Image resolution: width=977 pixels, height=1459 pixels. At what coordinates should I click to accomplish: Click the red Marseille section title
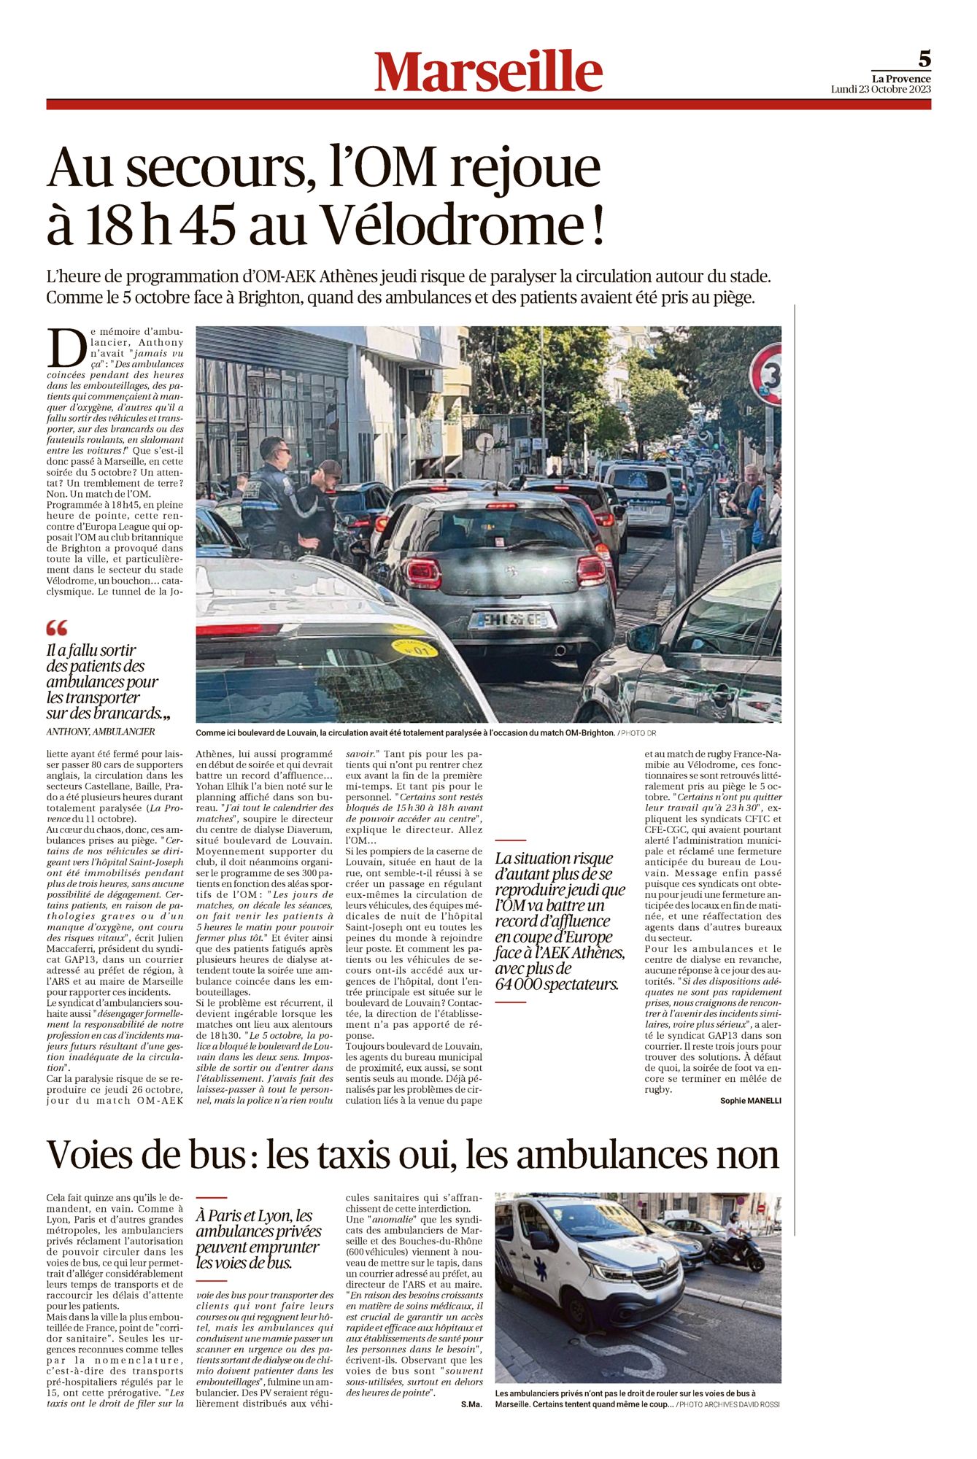[x=488, y=72]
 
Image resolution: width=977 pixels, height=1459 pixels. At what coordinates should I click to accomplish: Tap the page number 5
[x=924, y=58]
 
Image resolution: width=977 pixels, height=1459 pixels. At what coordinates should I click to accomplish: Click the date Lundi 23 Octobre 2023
[x=881, y=90]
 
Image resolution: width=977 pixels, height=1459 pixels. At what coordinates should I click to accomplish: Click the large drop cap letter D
[x=64, y=348]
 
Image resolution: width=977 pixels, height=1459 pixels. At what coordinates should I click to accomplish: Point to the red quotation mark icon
[x=57, y=627]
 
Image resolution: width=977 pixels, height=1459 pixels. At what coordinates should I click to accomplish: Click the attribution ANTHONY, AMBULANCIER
[x=101, y=732]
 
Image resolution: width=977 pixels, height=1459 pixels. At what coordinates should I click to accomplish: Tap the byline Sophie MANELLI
[x=750, y=1101]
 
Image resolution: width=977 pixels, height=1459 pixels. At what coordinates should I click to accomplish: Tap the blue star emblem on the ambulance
[x=541, y=1269]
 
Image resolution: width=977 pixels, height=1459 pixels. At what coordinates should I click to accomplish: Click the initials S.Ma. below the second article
[x=471, y=1404]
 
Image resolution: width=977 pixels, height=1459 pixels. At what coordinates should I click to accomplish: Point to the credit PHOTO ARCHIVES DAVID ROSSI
[x=729, y=1404]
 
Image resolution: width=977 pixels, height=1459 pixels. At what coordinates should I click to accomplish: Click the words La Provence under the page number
[x=901, y=79]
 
